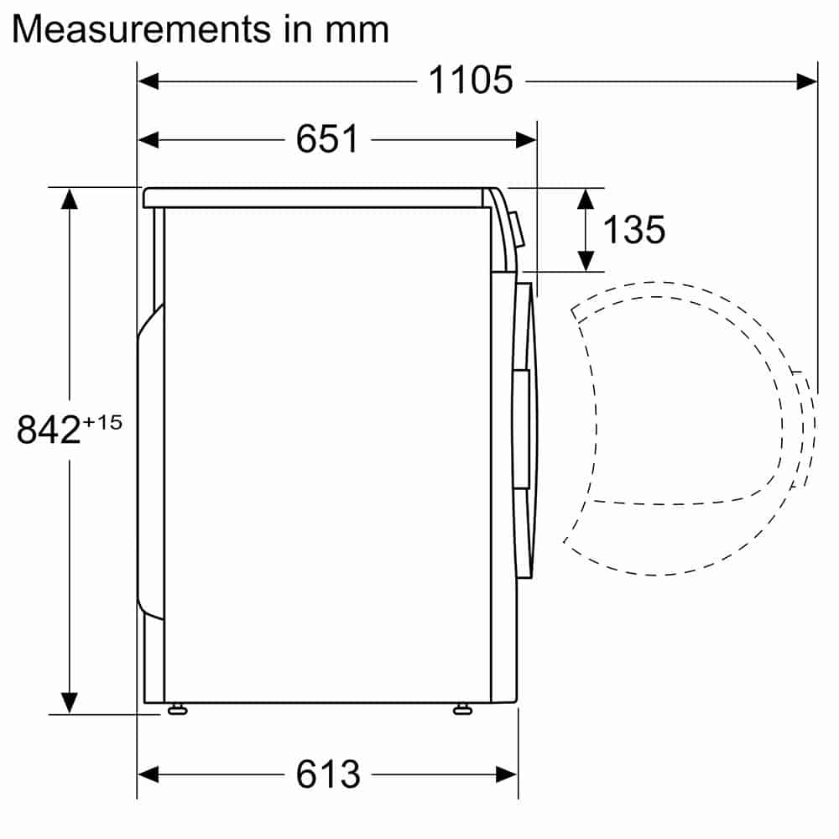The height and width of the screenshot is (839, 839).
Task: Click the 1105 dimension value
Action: [471, 81]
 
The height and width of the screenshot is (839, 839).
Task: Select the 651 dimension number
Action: [327, 139]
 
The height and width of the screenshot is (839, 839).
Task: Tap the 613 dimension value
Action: [328, 774]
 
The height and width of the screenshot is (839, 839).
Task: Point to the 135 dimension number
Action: [634, 230]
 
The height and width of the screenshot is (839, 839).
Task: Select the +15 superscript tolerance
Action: [102, 423]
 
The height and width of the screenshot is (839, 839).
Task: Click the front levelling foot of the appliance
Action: [462, 710]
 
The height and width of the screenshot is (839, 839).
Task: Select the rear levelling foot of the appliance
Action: [177, 710]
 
